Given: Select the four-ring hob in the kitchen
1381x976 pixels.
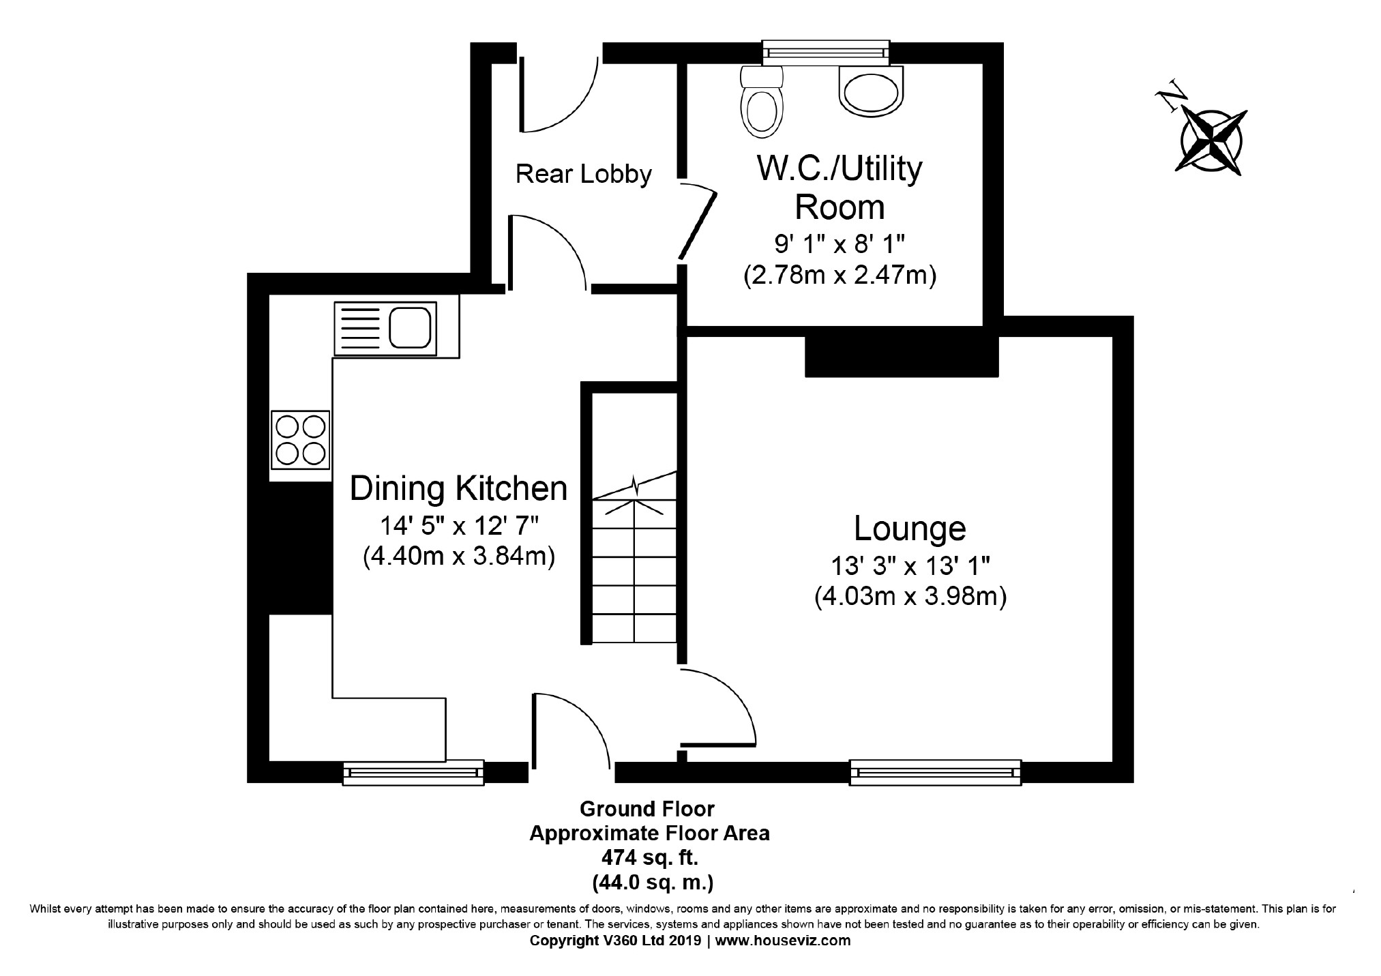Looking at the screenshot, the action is click(300, 440).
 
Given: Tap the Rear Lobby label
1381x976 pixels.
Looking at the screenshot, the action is click(584, 174).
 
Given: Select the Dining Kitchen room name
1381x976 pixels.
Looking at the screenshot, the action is click(458, 488).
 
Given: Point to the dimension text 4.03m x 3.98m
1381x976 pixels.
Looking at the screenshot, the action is click(910, 597).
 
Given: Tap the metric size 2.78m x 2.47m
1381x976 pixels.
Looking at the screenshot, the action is click(840, 276).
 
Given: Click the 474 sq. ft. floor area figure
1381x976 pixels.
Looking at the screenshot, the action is click(650, 857).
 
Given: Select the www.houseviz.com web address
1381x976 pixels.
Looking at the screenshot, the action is click(783, 941).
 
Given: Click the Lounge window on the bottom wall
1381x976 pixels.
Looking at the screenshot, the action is click(935, 772).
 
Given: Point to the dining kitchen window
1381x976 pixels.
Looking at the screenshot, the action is click(413, 772).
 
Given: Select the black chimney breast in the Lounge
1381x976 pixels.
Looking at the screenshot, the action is click(902, 357).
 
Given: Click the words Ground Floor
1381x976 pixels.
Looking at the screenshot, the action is click(647, 809).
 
